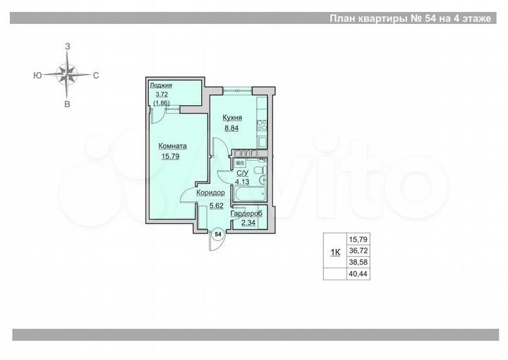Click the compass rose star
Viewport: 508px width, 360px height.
[x=68, y=73]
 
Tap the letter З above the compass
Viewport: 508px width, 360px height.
[x=68, y=46]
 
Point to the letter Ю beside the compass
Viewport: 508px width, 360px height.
[x=36, y=74]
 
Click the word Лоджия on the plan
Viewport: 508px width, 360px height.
[x=160, y=86]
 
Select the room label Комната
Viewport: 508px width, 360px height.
[x=171, y=145]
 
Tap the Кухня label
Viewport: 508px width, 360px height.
[x=233, y=118]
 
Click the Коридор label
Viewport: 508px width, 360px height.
[x=211, y=192]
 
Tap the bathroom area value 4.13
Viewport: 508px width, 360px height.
[x=243, y=181]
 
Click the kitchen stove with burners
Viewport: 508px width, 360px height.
[x=261, y=126]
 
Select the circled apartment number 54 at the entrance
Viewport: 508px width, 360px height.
[x=218, y=233]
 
